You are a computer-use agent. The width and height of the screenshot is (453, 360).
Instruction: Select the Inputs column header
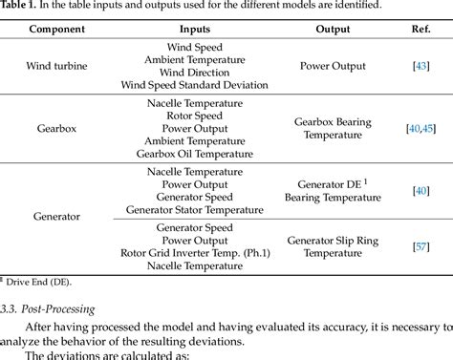point(194,29)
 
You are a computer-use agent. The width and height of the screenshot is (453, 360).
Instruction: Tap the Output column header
point(333,29)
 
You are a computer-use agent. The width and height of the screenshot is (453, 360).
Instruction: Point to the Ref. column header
point(420,29)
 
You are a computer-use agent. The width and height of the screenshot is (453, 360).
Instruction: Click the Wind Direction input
point(194,72)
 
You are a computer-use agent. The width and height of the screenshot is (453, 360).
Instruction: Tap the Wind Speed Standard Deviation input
point(194,84)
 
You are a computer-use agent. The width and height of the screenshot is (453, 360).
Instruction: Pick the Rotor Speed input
point(194,116)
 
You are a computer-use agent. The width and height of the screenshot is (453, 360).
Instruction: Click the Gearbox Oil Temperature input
point(194,153)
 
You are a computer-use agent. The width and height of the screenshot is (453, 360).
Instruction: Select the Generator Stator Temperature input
point(194,209)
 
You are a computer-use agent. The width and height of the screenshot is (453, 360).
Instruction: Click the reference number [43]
point(421,65)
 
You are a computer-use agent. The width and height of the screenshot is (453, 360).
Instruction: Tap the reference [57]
point(421,246)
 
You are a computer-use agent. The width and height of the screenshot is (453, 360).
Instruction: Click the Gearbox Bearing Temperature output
point(333,129)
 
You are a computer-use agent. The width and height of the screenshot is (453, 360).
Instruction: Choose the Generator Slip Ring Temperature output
point(333,246)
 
